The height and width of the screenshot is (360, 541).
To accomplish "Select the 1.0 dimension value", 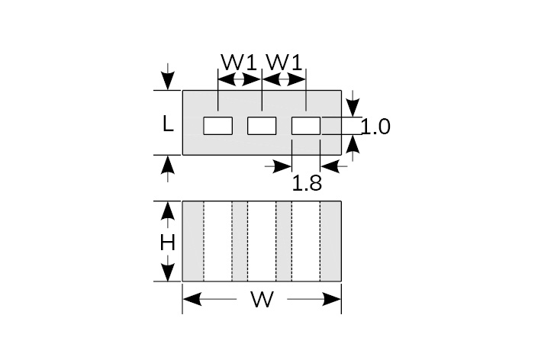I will pos(375,127).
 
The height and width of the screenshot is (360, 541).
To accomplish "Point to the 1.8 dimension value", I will pos(307,183).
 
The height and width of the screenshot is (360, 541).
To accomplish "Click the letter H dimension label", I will pos(167,243).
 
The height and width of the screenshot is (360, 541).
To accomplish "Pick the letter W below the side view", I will pos(262,300).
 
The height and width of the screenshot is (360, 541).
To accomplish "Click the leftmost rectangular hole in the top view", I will pos(217,125).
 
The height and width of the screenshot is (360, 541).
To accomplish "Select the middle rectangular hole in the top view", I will pos(262,125).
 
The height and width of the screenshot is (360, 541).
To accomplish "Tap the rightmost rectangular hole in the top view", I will pos(306,125).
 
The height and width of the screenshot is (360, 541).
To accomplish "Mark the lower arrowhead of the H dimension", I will pos(167,273).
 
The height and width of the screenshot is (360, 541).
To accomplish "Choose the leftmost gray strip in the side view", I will pos(193,241).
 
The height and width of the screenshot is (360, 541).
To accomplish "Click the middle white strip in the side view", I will pos(262,241).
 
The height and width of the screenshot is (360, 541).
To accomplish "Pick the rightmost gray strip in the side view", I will pos(330,241).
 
